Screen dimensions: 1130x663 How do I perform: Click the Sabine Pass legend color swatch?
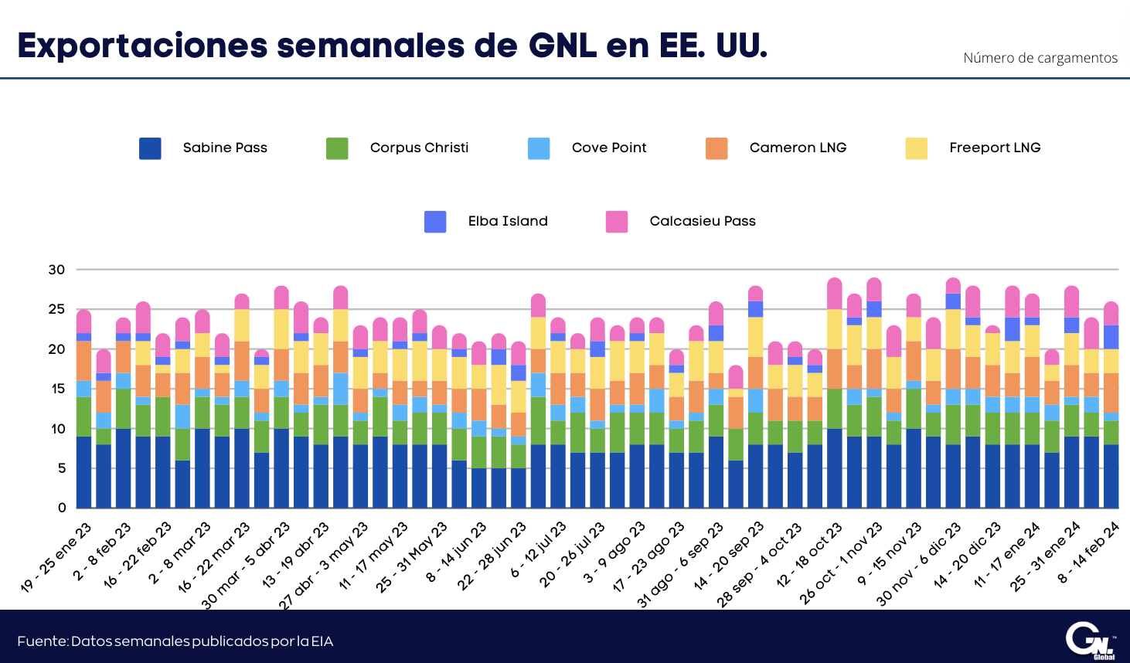pyautogui.click(x=150, y=148)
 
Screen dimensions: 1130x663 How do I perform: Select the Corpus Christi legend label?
pyautogui.click(x=419, y=148)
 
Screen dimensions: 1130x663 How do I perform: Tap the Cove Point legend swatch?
pyautogui.click(x=539, y=148)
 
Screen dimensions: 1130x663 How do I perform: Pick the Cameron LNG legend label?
pyautogui.click(x=798, y=148)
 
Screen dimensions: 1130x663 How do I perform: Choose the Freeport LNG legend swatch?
pyautogui.click(x=917, y=148)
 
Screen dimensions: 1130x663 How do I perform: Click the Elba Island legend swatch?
pyautogui.click(x=435, y=222)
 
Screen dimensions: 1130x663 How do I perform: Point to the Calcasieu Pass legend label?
pyautogui.click(x=703, y=221)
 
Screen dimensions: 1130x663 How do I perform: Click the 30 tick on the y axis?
pyautogui.click(x=56, y=270)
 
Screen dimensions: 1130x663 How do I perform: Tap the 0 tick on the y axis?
pyautogui.click(x=62, y=508)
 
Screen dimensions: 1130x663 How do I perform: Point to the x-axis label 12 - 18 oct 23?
pyautogui.click(x=808, y=555)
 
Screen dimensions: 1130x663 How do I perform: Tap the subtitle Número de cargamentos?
pyautogui.click(x=1040, y=58)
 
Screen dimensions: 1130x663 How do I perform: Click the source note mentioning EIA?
pyautogui.click(x=175, y=641)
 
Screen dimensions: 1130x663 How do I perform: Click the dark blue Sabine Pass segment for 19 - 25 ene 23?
pyautogui.click(x=83, y=472)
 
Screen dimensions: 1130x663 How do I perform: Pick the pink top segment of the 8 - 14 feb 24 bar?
pyautogui.click(x=1111, y=313)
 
